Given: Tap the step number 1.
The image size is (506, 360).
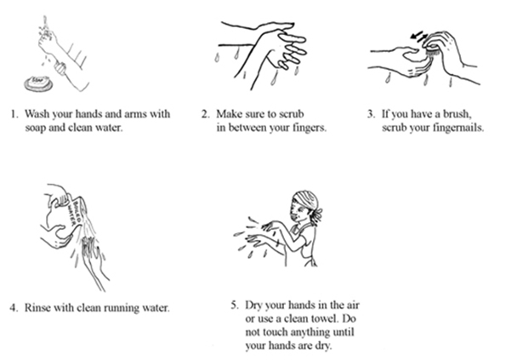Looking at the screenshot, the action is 14,114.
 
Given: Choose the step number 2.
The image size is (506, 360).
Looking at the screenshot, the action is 205,114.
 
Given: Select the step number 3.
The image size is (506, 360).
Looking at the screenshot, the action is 371,114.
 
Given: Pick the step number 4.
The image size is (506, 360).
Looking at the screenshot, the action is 14,308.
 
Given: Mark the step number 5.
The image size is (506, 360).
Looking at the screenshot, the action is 235,306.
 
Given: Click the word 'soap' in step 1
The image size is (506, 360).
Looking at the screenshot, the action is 36,129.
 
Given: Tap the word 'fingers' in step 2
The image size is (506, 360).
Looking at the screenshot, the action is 310,129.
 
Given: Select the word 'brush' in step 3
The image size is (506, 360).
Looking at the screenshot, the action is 457,114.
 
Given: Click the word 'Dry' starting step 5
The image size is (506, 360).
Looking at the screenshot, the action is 253,306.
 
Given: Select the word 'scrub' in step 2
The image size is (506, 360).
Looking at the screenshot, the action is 292,114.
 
